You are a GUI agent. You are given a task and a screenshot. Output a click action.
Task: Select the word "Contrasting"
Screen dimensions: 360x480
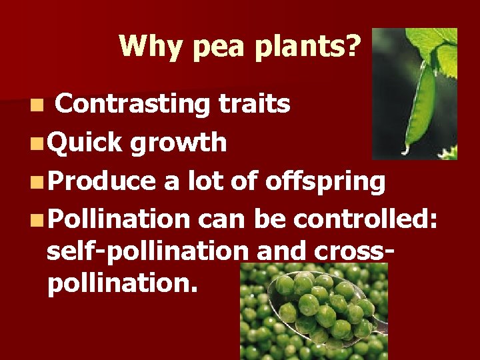click(133, 103)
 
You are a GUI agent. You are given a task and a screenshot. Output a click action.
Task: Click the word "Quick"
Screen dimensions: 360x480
click(85, 142)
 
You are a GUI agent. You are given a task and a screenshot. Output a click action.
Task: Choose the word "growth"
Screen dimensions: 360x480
click(179, 143)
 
